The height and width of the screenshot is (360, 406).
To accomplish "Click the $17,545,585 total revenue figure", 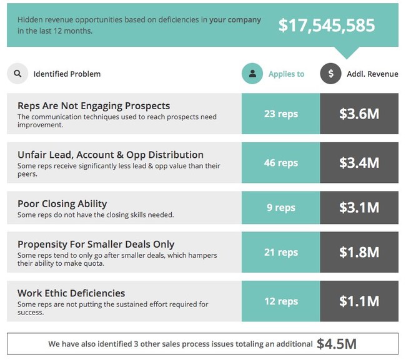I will (327, 25).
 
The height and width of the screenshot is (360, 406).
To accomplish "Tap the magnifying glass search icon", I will (17, 74).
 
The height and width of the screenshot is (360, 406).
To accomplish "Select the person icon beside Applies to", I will (252, 74).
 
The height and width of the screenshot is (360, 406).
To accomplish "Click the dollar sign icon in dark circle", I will (330, 74).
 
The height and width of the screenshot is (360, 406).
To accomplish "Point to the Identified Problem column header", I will (67, 74).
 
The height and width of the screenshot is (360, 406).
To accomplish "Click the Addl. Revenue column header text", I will (372, 74).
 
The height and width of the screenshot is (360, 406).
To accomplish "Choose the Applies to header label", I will (286, 74).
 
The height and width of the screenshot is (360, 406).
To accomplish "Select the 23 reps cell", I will (280, 114).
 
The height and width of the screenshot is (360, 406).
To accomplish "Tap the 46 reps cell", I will (280, 163).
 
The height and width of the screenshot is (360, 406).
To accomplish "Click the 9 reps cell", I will (280, 208).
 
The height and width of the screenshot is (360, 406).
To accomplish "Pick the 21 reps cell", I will (280, 252).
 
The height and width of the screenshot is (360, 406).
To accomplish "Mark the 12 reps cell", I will (280, 301).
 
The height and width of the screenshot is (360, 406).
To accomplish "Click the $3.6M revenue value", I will (359, 114).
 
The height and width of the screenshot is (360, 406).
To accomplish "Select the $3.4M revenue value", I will (359, 163).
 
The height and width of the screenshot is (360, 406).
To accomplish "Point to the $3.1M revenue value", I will (359, 208).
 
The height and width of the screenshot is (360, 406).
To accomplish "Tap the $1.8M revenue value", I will (359, 252).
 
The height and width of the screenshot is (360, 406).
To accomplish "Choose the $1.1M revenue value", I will (359, 301).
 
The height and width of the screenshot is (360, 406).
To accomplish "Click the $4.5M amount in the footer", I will (336, 344).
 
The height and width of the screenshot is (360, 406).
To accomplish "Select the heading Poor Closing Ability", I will (62, 203).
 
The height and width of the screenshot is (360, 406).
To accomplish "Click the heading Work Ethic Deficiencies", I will (71, 293).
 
